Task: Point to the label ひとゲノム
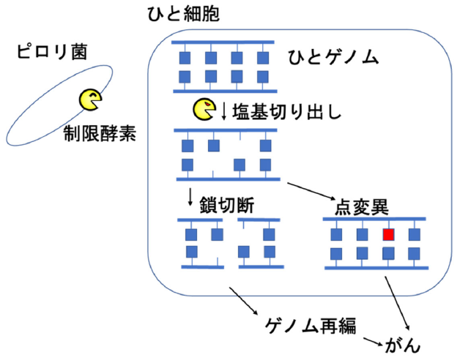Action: (334, 56)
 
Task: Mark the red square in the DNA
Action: (389, 235)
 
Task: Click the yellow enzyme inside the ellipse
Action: (92, 100)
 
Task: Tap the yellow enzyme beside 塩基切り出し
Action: (204, 110)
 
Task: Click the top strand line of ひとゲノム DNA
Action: (223, 42)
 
